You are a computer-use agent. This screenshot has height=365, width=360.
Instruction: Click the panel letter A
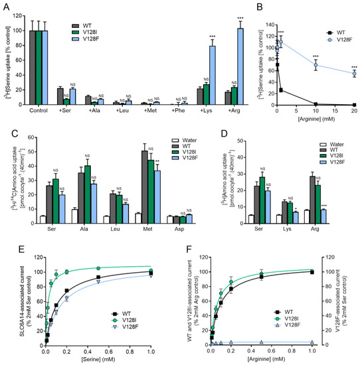tap(6, 6)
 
